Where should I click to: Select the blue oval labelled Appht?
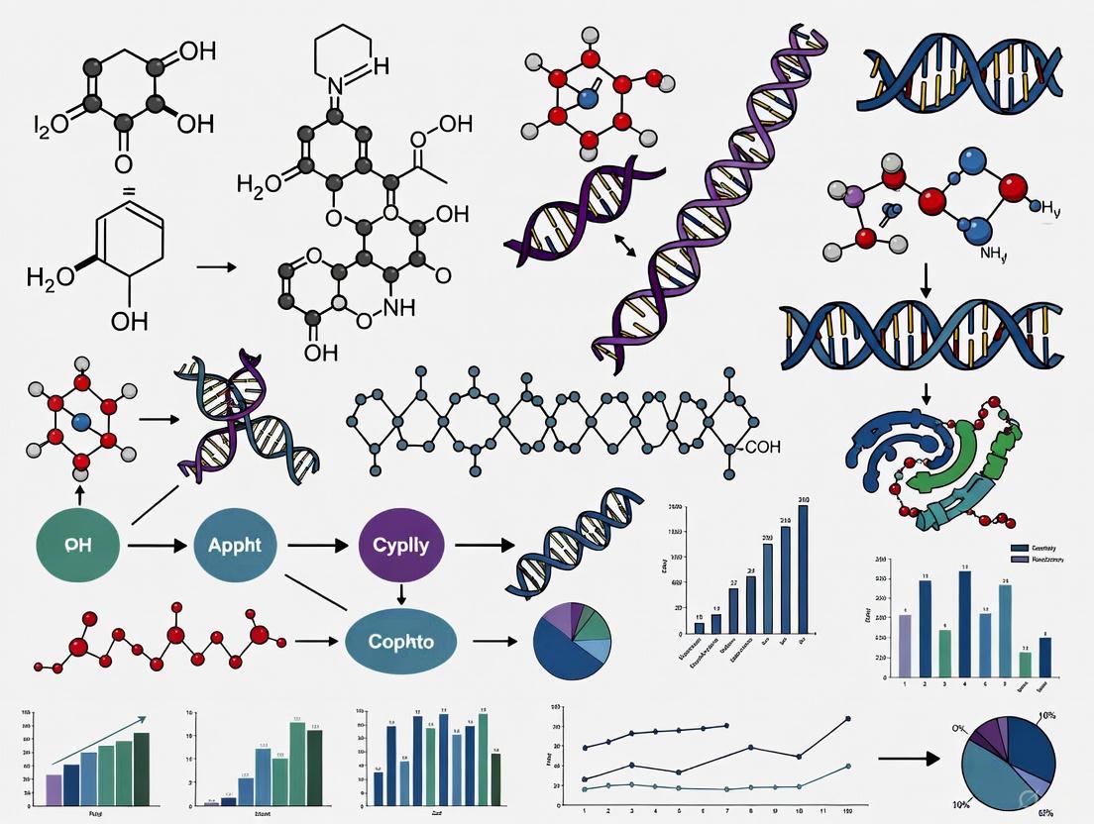point(234,545)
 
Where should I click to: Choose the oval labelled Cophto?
point(400,641)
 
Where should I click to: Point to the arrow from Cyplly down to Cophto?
point(400,594)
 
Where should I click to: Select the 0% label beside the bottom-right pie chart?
point(959,728)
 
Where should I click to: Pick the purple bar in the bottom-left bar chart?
point(55,788)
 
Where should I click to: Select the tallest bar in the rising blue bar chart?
point(803,568)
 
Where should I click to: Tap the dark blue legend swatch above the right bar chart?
point(1019,548)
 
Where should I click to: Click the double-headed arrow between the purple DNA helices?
point(625,245)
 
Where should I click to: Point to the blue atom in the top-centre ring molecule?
point(591,99)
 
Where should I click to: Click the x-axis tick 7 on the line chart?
point(726,810)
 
